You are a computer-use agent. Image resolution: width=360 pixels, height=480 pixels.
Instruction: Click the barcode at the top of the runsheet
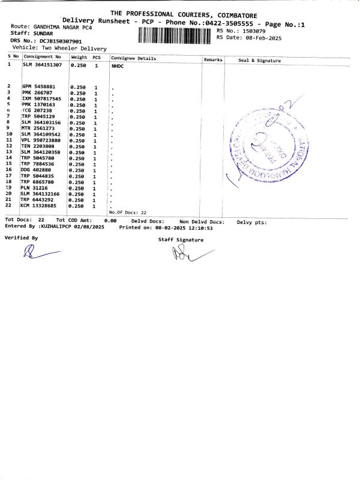pyautogui.click(x=175, y=35)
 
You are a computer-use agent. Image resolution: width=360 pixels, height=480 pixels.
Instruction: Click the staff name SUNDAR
pyautogui.click(x=43, y=34)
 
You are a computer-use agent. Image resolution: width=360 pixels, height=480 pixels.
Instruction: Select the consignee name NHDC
pyautogui.click(x=118, y=66)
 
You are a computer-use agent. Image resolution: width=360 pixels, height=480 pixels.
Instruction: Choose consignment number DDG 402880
pyautogui.click(x=36, y=170)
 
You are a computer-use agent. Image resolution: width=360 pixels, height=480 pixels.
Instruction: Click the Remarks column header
pyautogui.click(x=213, y=60)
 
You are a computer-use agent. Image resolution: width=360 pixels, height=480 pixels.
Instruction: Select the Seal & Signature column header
pyautogui.click(x=259, y=61)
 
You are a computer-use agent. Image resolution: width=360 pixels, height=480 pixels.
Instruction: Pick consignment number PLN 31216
pyautogui.click(x=35, y=188)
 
